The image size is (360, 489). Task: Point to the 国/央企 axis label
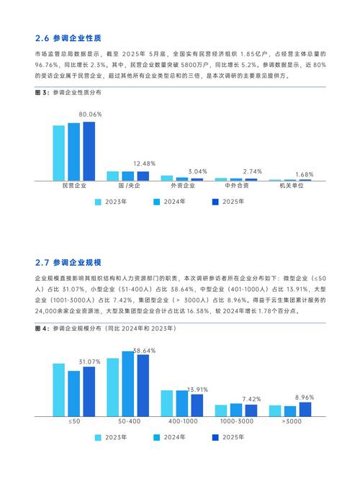coord(128,186)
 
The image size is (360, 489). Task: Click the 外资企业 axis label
coord(181,186)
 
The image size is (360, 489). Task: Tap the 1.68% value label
coord(305,174)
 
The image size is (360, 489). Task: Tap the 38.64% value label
coord(144,349)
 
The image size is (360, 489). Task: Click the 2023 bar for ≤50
coord(59,390)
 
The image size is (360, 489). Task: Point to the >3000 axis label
coord(291,420)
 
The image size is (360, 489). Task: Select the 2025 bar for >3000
coord(305,409)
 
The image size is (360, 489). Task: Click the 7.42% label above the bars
coord(251,398)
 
